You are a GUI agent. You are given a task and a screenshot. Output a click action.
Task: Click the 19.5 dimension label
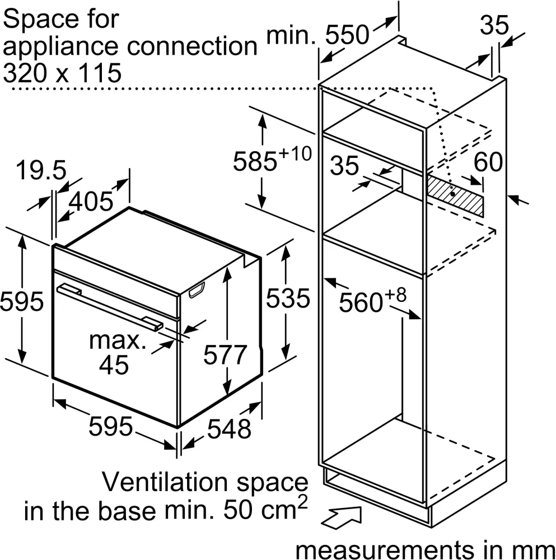pyautogui.click(x=41, y=170)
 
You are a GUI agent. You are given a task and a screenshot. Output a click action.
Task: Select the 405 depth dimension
pyautogui.click(x=91, y=201)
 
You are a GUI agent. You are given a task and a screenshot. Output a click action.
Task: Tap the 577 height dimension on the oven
pyautogui.click(x=225, y=354)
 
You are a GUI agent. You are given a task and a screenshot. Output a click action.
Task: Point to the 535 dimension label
pyautogui.click(x=288, y=298)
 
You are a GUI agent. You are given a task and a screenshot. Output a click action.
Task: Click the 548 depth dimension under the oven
pyautogui.click(x=229, y=428)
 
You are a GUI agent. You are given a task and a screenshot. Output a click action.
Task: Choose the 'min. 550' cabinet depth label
pyautogui.click(x=318, y=35)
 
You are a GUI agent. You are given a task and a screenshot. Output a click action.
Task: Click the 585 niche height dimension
pyautogui.click(x=272, y=158)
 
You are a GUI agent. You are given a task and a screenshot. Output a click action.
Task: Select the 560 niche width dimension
pyautogui.click(x=372, y=301)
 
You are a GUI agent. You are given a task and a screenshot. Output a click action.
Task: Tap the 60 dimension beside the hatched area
pyautogui.click(x=488, y=162)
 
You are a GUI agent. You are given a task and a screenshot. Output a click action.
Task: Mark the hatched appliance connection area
pyautogui.click(x=455, y=195)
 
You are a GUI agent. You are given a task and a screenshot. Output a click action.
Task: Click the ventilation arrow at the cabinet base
pyautogui.click(x=341, y=517)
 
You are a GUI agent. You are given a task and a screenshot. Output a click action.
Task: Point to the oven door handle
pyautogui.click(x=110, y=306)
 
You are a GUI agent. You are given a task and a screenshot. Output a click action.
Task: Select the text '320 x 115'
pyautogui.click(x=62, y=73)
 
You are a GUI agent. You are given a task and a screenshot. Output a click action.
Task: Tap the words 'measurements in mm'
pyautogui.click(x=426, y=549)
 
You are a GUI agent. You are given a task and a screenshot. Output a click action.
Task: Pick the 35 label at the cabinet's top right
pyautogui.click(x=494, y=25)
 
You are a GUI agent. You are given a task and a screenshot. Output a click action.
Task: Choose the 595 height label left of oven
pyautogui.click(x=22, y=301)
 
